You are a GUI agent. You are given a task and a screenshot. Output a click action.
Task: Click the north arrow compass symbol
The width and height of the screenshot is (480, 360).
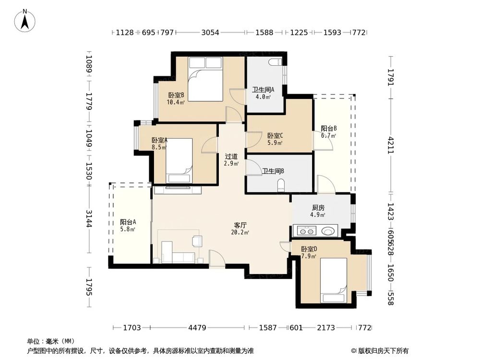coord(25,21)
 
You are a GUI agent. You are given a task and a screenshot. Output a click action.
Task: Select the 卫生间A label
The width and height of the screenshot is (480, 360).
coord(263,90)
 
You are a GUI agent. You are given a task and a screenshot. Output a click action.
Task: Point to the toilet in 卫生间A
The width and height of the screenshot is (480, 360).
coord(275,62)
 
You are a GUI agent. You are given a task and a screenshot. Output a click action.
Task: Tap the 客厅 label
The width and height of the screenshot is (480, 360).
coord(240,225)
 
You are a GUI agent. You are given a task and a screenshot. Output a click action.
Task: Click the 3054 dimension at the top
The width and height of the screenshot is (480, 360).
coord(210,32)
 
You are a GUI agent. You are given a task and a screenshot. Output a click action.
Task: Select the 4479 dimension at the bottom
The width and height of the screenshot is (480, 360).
coord(197,328)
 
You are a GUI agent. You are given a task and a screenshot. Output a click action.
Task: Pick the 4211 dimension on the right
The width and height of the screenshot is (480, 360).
coord(391,145)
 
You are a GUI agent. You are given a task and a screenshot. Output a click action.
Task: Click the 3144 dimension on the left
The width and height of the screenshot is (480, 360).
coord(89,218)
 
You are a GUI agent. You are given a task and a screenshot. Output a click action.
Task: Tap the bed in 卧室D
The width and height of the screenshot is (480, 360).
coord(334,280)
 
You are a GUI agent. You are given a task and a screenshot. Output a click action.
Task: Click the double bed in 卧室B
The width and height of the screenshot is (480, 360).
coord(205,79)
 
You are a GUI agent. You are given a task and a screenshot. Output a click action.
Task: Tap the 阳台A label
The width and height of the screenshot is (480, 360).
coord(128,222)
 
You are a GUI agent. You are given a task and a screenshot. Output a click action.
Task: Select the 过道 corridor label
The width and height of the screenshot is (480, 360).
coord(231,156)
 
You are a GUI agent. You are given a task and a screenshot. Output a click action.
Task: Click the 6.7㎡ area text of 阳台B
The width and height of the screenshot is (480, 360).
coord(328,135)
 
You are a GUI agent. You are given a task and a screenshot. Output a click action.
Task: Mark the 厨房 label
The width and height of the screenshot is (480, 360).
coord(318,208)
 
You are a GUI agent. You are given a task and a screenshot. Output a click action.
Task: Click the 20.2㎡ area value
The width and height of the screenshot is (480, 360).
coord(240,232)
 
